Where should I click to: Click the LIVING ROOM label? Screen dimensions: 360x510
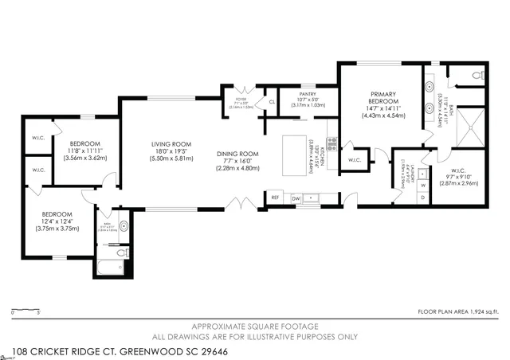point(173,145)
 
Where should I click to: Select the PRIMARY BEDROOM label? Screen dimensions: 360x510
point(382,98)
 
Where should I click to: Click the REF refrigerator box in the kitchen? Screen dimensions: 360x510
point(276,198)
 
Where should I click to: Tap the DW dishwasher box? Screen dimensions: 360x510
point(296,198)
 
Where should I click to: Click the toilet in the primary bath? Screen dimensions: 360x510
point(478,76)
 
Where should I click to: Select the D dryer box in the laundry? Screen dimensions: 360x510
point(423,198)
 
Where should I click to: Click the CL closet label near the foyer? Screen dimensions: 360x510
point(272,103)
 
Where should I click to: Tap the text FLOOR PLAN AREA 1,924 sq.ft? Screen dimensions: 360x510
point(459,311)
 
